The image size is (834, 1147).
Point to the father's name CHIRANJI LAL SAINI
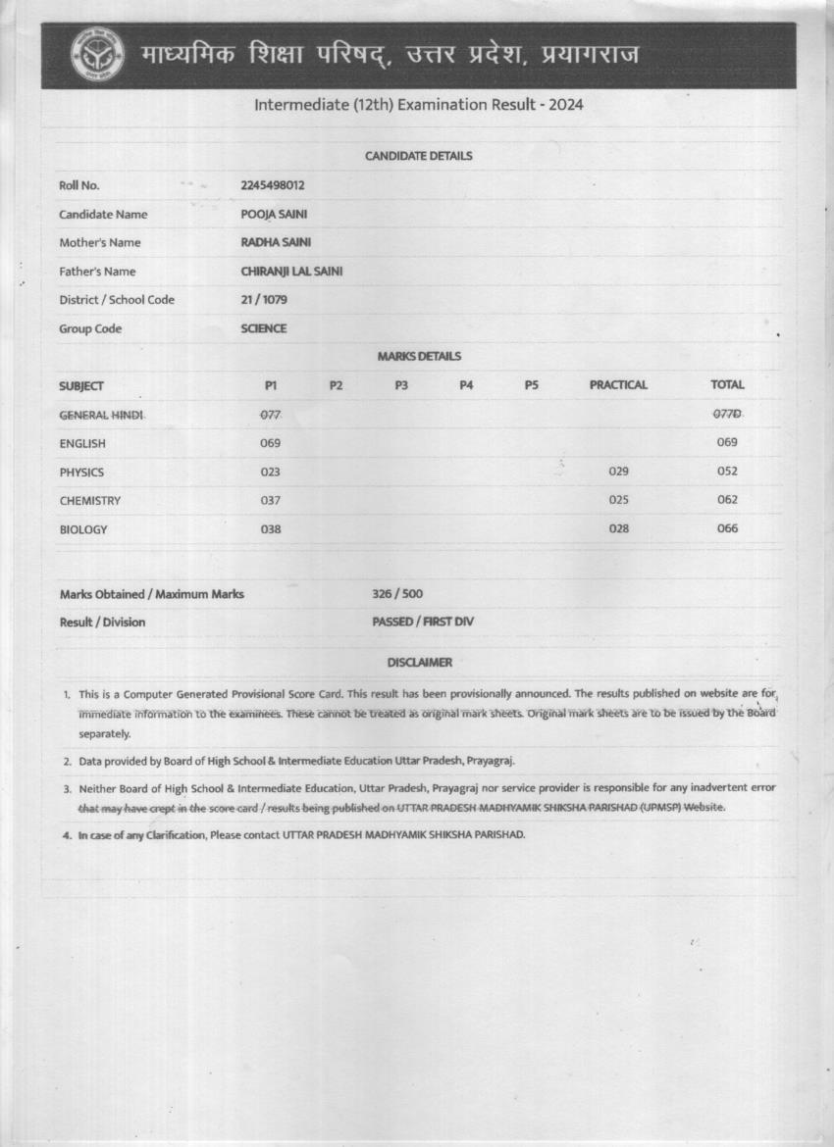(291, 272)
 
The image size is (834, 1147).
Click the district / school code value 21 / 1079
(264, 300)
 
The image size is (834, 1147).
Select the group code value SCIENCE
(264, 328)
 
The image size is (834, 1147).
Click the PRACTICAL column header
(618, 385)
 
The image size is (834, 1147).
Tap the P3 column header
(401, 385)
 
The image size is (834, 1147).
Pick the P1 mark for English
(271, 443)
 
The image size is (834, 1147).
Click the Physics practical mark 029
(618, 472)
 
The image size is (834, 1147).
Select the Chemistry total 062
(727, 500)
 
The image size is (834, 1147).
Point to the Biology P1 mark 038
(271, 529)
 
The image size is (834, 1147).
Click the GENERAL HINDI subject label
(102, 416)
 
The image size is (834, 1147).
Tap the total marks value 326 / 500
(398, 594)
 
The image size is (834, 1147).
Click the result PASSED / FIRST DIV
(423, 622)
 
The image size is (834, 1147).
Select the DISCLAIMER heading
(420, 663)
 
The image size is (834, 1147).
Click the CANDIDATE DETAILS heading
(419, 156)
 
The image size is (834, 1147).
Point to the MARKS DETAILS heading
(419, 357)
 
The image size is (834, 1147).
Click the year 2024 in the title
(566, 104)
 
